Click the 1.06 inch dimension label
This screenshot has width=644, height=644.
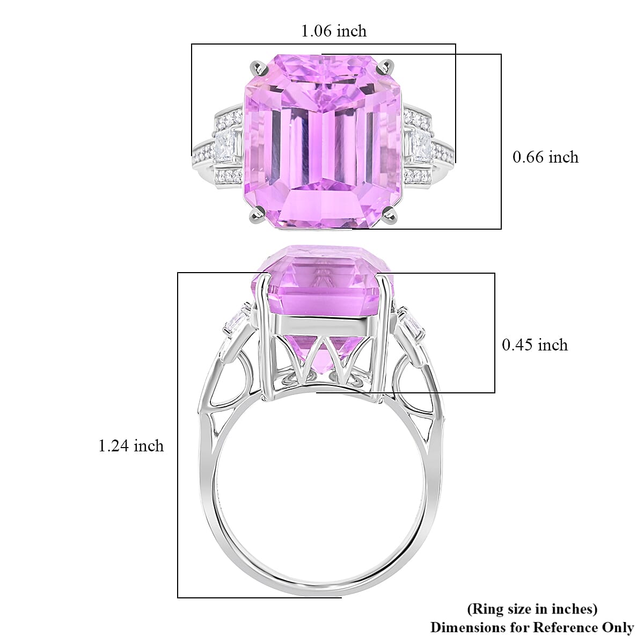pyautogui.click(x=334, y=31)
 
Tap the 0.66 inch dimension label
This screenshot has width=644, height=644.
pyautogui.click(x=545, y=157)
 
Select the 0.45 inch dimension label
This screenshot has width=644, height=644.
pyautogui.click(x=535, y=345)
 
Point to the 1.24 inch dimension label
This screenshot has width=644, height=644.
pyautogui.click(x=131, y=445)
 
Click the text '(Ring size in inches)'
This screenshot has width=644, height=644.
pyautogui.click(x=532, y=609)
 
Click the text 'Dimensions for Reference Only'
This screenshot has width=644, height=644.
pyautogui.click(x=532, y=627)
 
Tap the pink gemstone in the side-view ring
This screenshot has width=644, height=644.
pyautogui.click(x=322, y=290)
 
